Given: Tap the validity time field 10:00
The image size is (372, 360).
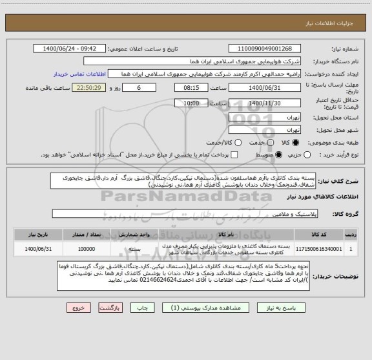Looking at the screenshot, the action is [187, 102].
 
